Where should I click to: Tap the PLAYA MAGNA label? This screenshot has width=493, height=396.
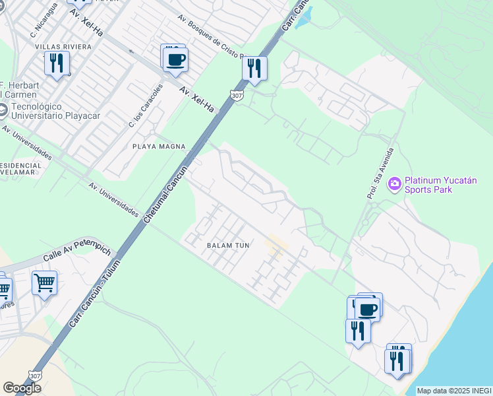159,147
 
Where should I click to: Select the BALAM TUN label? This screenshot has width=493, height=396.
228,246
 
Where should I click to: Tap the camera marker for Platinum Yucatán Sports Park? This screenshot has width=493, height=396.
395,183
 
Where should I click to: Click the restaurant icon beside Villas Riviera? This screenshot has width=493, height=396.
57,63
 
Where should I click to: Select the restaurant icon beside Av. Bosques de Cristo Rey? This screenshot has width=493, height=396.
254,68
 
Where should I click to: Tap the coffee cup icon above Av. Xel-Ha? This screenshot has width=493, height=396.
176,60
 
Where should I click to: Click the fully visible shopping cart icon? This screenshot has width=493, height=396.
44,283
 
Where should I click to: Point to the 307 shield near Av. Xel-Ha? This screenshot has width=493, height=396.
237,96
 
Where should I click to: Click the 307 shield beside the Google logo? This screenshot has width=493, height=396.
36,375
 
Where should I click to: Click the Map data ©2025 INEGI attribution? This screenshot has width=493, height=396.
454,391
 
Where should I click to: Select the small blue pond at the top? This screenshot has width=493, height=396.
304,19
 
